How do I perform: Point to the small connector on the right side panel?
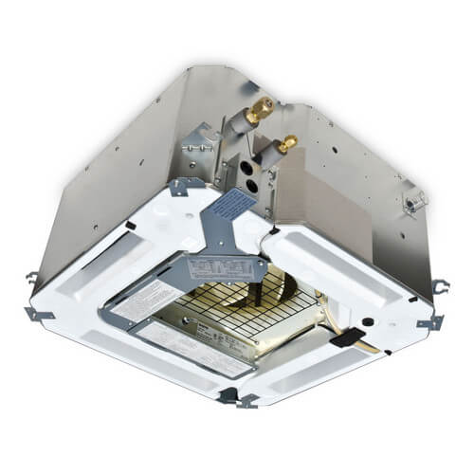click(414, 200)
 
